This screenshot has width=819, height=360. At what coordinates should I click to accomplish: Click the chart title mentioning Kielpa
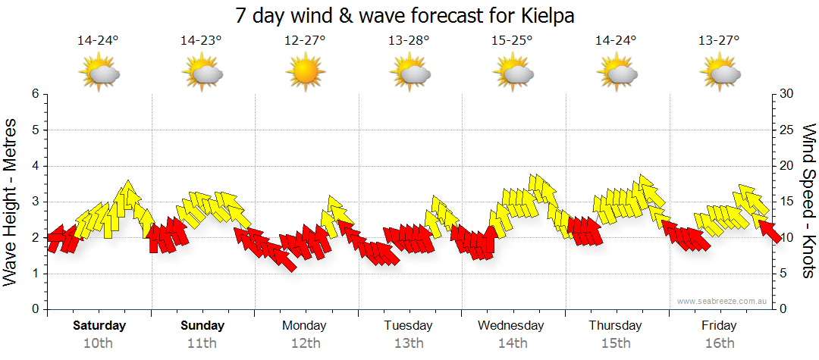click(x=409, y=16)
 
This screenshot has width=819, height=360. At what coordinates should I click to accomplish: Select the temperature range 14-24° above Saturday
click(x=98, y=41)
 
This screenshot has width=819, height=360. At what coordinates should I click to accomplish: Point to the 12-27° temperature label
click(x=305, y=41)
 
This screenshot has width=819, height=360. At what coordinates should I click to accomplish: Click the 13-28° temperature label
click(x=409, y=41)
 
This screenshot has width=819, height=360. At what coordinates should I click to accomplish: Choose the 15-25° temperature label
click(x=512, y=41)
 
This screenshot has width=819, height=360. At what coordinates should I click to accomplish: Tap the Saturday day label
click(x=99, y=326)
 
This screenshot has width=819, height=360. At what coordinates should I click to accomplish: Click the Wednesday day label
click(x=511, y=326)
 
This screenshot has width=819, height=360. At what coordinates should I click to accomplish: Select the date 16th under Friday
click(x=718, y=343)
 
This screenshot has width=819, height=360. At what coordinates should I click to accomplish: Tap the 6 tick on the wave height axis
click(x=35, y=94)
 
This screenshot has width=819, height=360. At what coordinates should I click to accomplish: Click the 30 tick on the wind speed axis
click(x=787, y=94)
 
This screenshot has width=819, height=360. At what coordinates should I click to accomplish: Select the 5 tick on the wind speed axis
click(x=784, y=274)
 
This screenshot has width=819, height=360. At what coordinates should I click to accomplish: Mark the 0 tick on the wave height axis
click(x=35, y=309)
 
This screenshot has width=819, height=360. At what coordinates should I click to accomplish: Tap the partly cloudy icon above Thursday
click(x=615, y=73)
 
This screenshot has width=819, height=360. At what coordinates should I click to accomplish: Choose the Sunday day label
click(x=202, y=326)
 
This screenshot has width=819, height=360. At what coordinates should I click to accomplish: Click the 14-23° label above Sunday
click(x=202, y=41)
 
